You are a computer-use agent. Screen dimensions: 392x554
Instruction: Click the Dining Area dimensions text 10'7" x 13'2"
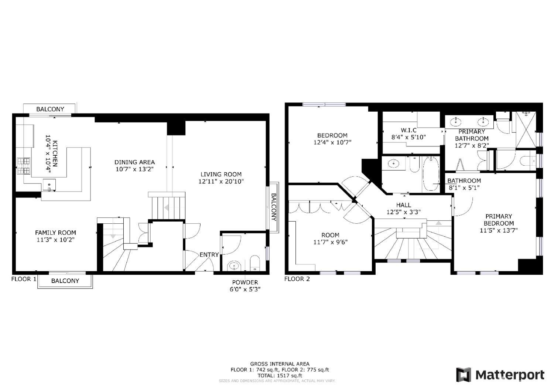pos(134,169)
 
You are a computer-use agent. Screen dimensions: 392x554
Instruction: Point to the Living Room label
pos(221,174)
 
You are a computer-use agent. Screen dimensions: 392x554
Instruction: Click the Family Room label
pos(55,233)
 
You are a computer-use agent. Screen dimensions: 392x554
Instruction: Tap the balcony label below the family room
pos(65,281)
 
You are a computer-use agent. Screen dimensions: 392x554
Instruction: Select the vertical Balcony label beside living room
pos(274,207)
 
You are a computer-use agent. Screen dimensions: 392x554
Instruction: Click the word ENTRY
pos(209,254)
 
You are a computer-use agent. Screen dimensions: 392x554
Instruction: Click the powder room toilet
pos(255,264)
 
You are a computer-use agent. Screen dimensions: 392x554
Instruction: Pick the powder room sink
pos(234,265)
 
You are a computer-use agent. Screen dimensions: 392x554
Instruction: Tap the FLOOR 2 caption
pos(297,279)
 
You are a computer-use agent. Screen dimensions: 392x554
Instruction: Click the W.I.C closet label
pos(408,130)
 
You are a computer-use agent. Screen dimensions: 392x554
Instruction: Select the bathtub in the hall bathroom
pos(430,174)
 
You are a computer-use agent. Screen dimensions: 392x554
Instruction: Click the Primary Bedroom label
pos(499,220)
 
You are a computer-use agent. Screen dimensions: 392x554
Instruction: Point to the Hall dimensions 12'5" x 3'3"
pos(403,212)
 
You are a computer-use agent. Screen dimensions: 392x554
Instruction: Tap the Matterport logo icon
pos(464,375)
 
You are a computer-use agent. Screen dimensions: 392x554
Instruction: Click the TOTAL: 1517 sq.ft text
pos(280,375)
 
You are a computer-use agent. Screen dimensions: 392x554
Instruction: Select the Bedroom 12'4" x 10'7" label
pos(332,138)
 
